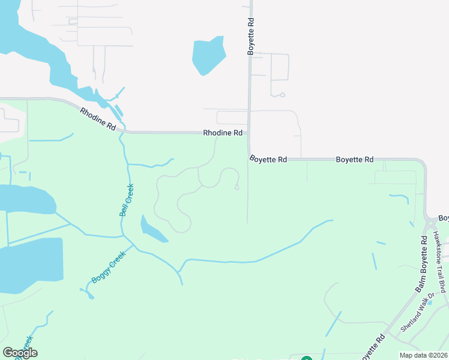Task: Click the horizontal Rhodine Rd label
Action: click(x=222, y=133)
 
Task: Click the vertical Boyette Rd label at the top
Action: click(x=251, y=37)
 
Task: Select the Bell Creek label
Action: click(x=126, y=200)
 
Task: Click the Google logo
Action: click(x=20, y=353)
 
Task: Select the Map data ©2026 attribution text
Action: click(x=423, y=355)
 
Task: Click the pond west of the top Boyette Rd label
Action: click(x=208, y=56)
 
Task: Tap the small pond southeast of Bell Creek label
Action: click(x=152, y=230)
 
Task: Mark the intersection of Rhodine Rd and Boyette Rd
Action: click(x=249, y=133)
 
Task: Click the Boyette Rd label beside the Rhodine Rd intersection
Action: click(x=268, y=160)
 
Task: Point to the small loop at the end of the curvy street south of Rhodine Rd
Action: click(x=237, y=187)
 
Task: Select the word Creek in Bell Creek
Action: click(x=128, y=194)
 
